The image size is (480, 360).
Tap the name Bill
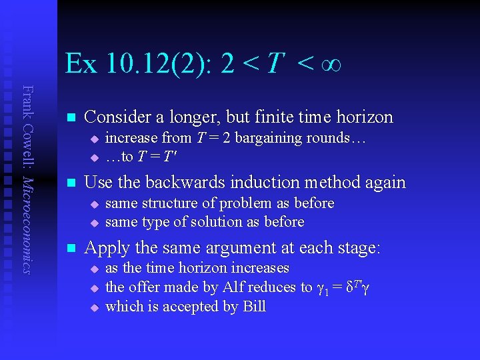click(x=253, y=307)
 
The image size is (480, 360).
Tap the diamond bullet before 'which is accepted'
click(x=94, y=307)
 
